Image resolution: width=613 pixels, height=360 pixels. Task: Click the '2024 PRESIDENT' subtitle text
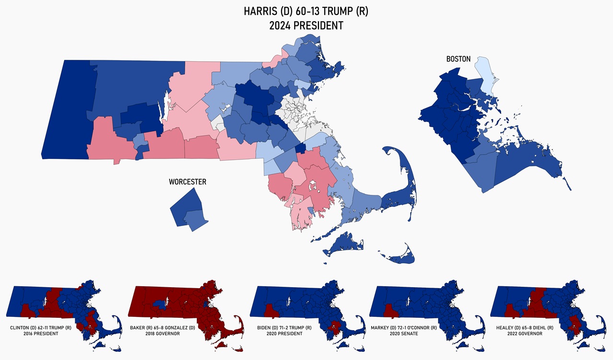[x=306, y=26]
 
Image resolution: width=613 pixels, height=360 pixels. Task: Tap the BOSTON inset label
[x=458, y=59]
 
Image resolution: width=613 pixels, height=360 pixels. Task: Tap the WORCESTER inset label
[x=187, y=182]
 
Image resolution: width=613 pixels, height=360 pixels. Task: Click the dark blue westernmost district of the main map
[x=67, y=110]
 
